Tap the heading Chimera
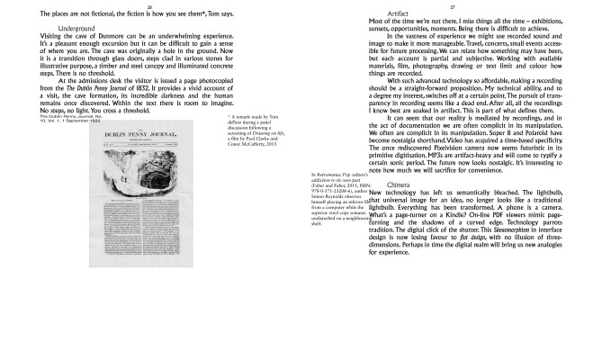coord(399,185)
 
